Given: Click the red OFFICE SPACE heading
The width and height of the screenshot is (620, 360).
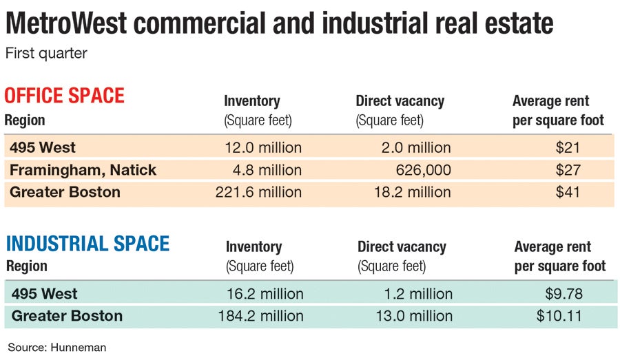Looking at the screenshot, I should tap(65, 95).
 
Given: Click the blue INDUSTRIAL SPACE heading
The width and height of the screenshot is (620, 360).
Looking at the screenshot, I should tap(87, 244).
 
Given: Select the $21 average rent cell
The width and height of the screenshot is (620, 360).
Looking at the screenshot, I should tap(568, 147).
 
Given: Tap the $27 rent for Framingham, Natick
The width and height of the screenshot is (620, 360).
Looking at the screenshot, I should tap(568, 170).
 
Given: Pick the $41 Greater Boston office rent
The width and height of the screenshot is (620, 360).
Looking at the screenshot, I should tap(568, 192).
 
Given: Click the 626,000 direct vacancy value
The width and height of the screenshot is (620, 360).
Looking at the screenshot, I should tap(423, 170).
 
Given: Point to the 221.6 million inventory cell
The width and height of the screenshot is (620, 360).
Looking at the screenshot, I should tap(258, 192).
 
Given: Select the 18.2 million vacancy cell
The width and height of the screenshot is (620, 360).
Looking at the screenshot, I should tap(411, 192).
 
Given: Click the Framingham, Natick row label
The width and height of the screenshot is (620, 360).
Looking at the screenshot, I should tap(83, 170).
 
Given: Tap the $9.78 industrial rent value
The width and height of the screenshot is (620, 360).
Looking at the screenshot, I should tap(564, 294).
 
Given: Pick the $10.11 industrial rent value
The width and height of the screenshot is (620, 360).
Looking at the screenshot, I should tap(560, 316).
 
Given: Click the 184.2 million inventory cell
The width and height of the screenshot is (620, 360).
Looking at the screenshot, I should tap(260, 316).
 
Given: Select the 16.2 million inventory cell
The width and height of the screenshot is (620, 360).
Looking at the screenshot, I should tap(265, 294).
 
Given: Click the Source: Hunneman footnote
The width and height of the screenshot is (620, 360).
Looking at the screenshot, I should tap(57, 348).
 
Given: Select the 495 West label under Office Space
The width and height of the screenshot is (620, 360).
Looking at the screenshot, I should tap(43, 147).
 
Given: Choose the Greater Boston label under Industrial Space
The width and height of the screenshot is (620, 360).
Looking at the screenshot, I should tap(67, 316).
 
